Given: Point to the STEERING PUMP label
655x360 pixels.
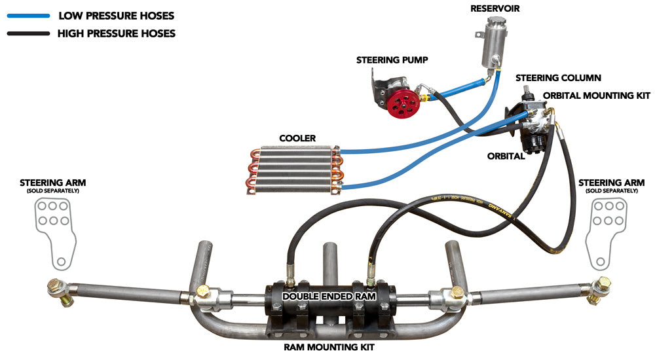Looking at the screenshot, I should pos(392,60).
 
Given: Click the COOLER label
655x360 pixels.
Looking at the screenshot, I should pos(297,139).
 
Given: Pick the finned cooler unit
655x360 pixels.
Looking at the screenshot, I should pos(295,169).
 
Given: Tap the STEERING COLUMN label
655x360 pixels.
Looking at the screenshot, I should pos(558,78).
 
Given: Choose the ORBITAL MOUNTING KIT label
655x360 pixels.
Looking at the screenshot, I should pos(597,96).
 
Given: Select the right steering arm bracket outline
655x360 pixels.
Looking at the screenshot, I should pos(605,232).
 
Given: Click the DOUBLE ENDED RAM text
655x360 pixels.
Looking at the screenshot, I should pos(327,297).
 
